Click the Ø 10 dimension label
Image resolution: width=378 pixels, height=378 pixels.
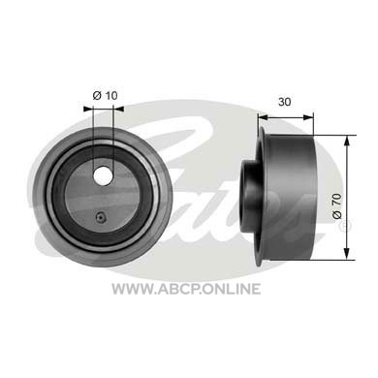105,96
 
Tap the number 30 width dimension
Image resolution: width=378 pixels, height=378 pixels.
284,102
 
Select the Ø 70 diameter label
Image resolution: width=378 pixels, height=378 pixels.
336,206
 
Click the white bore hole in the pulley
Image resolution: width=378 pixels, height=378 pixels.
103,175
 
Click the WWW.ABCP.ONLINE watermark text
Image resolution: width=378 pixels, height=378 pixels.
186,289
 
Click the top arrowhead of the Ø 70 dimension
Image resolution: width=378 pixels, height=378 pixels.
347,141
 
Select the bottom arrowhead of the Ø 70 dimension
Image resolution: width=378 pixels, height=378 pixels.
347,254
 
